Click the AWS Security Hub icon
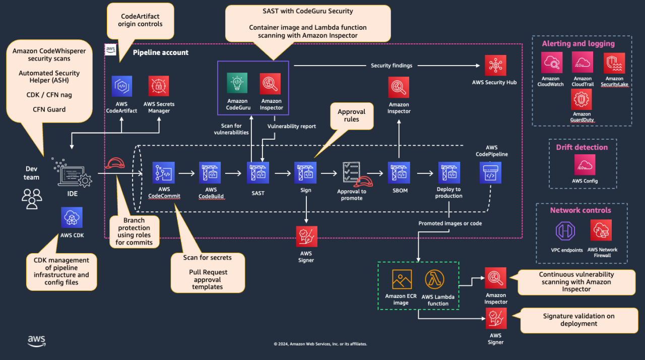click(x=495, y=66)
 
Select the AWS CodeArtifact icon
click(x=121, y=86)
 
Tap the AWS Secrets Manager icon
click(x=159, y=86)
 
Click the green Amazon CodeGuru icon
click(x=237, y=84)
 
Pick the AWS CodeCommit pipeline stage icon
click(x=164, y=172)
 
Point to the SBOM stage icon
click(x=399, y=172)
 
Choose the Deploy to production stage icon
click(x=448, y=172)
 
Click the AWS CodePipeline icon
click(x=490, y=172)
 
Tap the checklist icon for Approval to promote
click(x=351, y=173)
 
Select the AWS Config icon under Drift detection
click(x=585, y=165)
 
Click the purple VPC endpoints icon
click(x=565, y=230)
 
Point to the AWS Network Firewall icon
click(x=601, y=230)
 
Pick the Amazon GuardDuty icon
click(x=582, y=99)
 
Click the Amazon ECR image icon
click(x=402, y=279)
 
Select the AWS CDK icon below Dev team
click(x=71, y=217)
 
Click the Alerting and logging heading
click(x=578, y=43)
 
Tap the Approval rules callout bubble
click(x=351, y=116)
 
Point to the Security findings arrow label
click(x=391, y=66)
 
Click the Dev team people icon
click(x=32, y=199)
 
